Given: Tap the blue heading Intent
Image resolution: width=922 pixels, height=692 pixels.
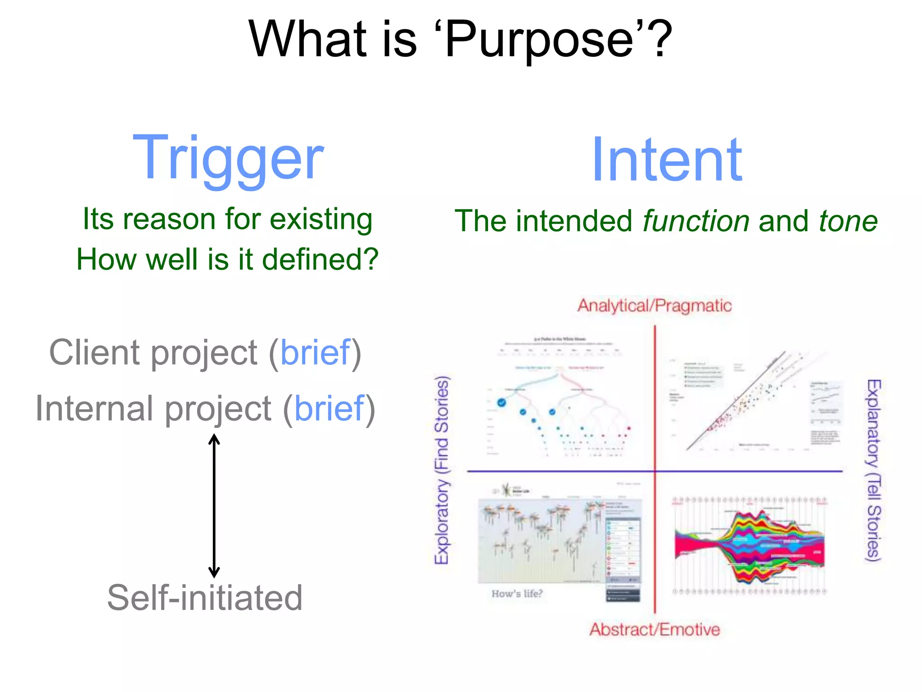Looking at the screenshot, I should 667,161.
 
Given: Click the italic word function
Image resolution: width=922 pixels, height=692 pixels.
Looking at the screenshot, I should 696,221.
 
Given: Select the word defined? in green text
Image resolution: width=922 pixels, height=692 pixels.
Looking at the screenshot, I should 320,259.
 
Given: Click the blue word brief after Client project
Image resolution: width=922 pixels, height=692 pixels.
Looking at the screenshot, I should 315,352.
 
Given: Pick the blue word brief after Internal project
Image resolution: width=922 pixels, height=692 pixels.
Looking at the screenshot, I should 329,409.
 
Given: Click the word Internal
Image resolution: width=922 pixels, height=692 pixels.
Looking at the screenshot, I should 95,409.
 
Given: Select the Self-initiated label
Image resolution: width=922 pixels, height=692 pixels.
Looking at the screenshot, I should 205,598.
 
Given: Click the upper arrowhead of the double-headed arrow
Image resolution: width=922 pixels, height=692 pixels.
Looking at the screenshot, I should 214,438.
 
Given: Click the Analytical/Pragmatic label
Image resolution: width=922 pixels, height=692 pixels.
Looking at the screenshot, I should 655,305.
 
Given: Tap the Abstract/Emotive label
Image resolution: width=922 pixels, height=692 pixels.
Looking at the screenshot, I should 655,629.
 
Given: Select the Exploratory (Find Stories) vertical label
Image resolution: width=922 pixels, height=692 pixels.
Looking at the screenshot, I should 442,470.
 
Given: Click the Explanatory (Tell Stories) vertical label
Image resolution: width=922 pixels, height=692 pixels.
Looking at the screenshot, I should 873,470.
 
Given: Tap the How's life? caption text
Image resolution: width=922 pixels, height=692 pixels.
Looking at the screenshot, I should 517,594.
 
